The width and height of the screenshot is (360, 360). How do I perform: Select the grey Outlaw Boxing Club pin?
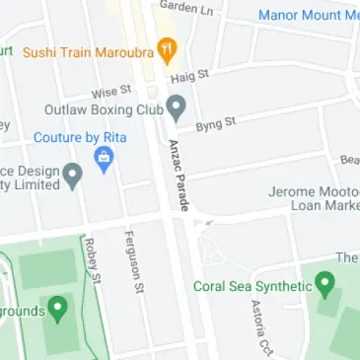(178, 106)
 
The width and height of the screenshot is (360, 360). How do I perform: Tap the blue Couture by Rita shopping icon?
(102, 159)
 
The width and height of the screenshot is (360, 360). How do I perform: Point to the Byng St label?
(217, 124)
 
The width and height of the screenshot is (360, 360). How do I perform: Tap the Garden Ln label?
(186, 7)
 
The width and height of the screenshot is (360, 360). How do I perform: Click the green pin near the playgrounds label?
(58, 311)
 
